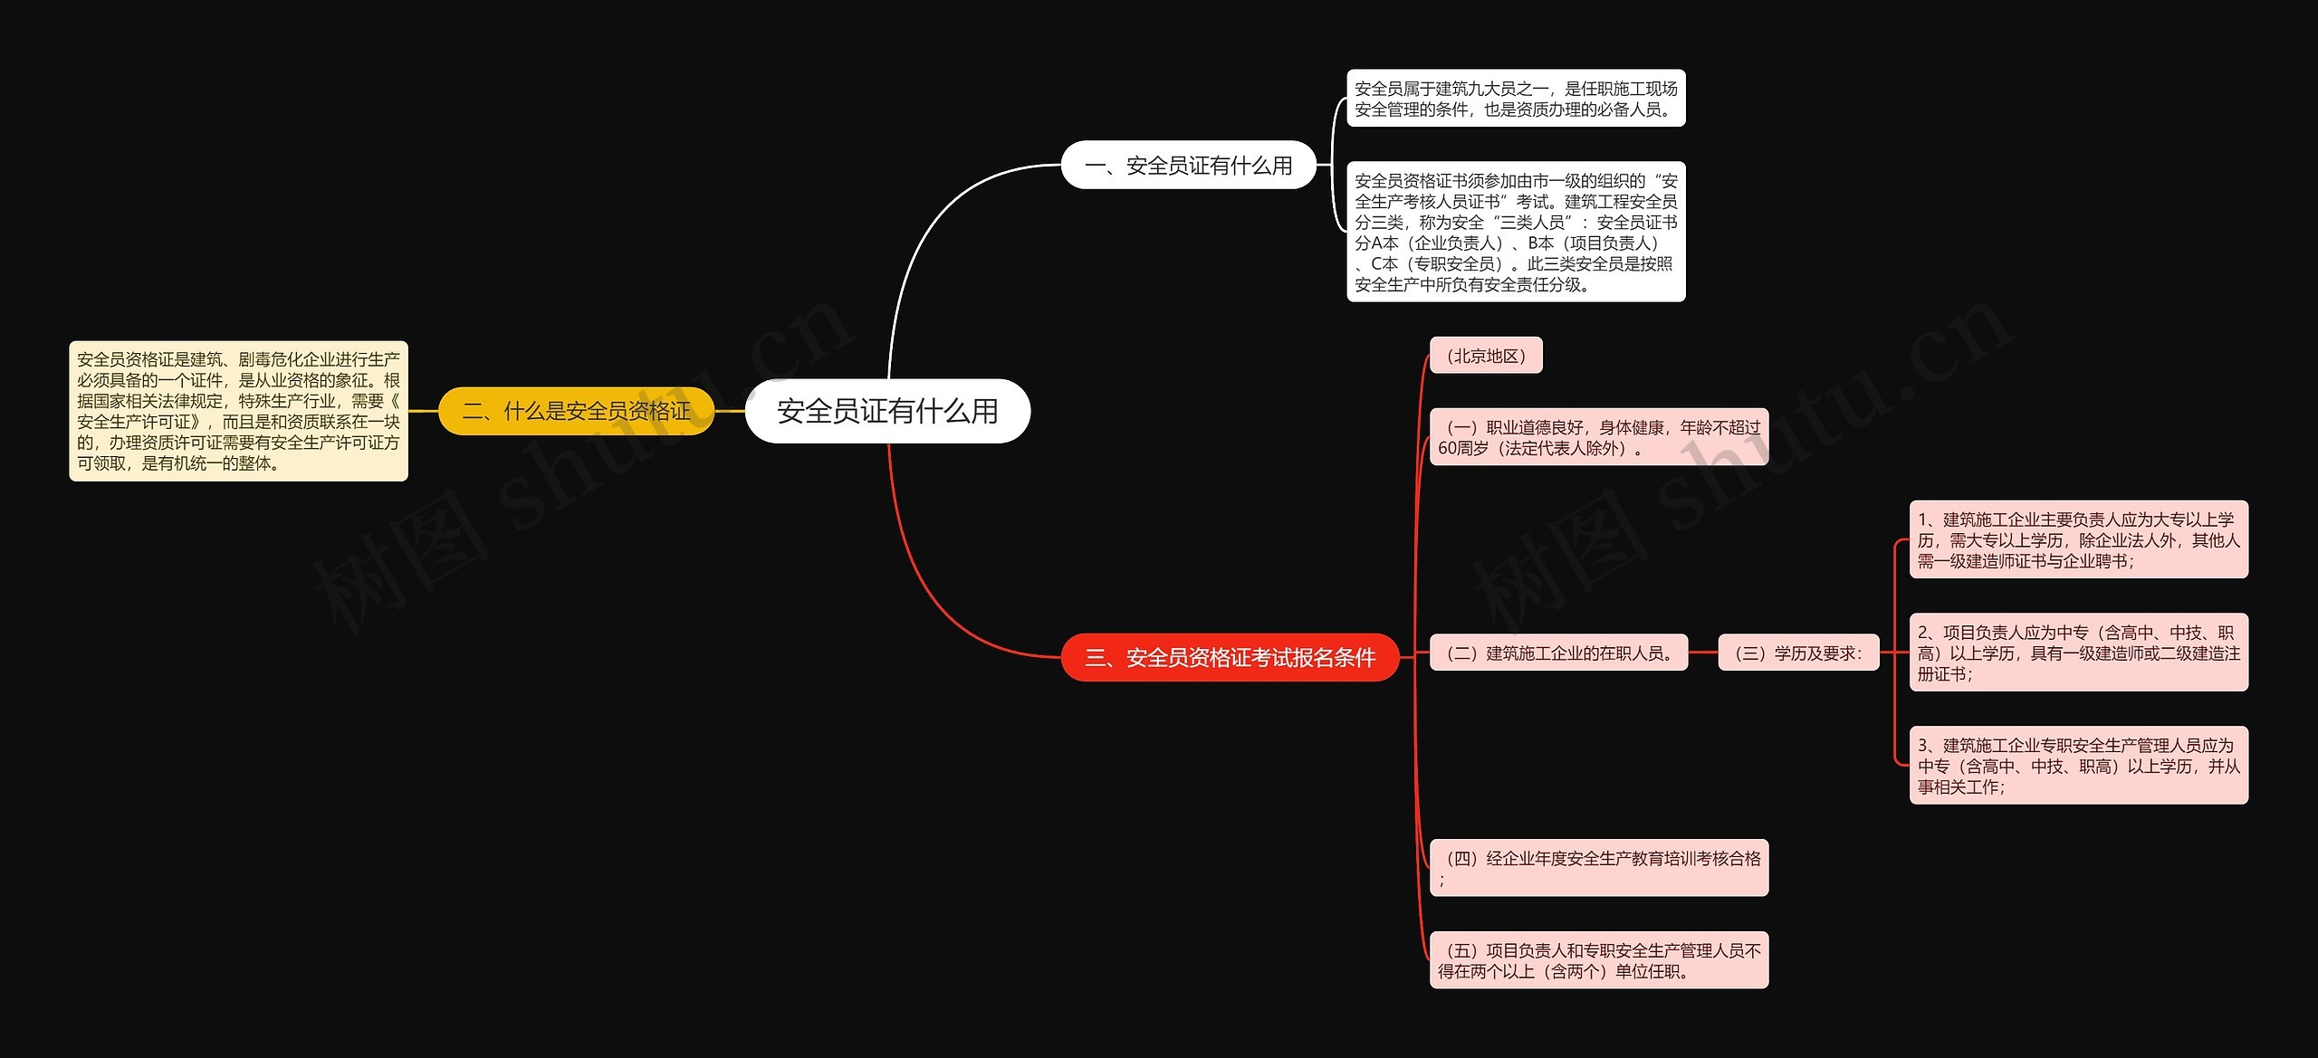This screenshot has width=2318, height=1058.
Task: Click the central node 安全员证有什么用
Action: pyautogui.click(x=887, y=411)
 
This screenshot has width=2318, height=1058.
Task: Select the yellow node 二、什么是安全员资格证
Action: pyautogui.click(x=576, y=411)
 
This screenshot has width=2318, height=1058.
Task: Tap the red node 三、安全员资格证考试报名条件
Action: pyautogui.click(x=1230, y=657)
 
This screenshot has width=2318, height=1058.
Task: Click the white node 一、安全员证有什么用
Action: pyautogui.click(x=1188, y=166)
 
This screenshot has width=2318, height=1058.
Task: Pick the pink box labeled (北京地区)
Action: pyautogui.click(x=1486, y=356)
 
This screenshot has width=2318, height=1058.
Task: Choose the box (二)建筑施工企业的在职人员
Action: pyautogui.click(x=1558, y=653)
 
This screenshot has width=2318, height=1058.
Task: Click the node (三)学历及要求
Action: pyautogui.click(x=1798, y=653)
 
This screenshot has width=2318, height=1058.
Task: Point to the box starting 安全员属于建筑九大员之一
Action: pyautogui.click(x=1516, y=99)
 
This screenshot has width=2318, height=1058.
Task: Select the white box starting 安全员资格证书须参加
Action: pyautogui.click(x=1516, y=232)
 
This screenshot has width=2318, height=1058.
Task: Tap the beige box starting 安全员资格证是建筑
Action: pyautogui.click(x=238, y=411)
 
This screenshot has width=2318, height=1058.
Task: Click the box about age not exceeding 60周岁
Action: pyautogui.click(x=1599, y=437)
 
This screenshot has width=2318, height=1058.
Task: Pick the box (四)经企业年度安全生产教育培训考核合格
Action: pyautogui.click(x=1599, y=867)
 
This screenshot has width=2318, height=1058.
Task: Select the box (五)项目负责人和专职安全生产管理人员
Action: pyautogui.click(x=1599, y=959)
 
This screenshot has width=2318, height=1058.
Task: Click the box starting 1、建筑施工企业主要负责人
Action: pyautogui.click(x=2079, y=539)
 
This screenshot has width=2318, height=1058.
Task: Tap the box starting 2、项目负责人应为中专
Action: pyautogui.click(x=2079, y=653)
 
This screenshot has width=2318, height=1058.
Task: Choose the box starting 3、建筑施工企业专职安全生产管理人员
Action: pyautogui.click(x=2079, y=765)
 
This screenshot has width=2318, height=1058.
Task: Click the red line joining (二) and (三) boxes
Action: pyautogui.click(x=1703, y=653)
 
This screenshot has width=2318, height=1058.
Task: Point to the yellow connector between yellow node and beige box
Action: pyautogui.click(x=423, y=411)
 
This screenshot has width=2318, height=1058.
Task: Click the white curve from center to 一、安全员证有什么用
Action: pyautogui.click(x=924, y=235)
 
